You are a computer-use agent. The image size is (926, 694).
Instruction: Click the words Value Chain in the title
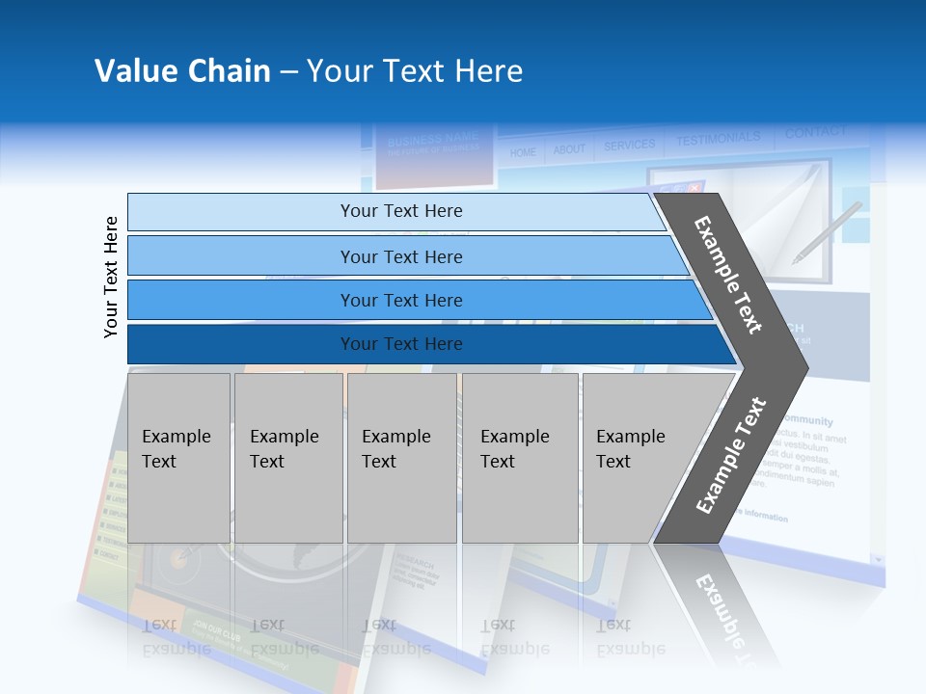(182, 71)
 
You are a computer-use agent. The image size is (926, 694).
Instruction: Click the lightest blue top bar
(400, 211)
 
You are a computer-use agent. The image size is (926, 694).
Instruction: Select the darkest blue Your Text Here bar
(400, 344)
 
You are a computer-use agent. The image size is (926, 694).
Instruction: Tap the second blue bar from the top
(400, 256)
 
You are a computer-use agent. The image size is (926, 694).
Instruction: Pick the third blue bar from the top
(400, 300)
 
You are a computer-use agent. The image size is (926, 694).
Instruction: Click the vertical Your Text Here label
(111, 277)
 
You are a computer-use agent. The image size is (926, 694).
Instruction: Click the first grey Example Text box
(178, 457)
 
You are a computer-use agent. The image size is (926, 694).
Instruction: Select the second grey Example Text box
(287, 457)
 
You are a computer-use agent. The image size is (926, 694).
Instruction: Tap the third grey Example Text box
(400, 457)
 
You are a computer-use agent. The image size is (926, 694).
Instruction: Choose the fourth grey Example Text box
(519, 457)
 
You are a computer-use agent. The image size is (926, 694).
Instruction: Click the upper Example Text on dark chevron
(728, 275)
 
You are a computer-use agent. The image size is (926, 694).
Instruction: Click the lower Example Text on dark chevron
(731, 455)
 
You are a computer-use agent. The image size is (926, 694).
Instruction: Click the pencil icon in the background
(827, 232)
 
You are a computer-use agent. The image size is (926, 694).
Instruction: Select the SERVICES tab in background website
(629, 146)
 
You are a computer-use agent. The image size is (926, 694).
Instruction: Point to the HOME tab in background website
(523, 152)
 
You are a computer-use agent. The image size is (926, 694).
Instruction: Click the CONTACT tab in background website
(815, 132)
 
